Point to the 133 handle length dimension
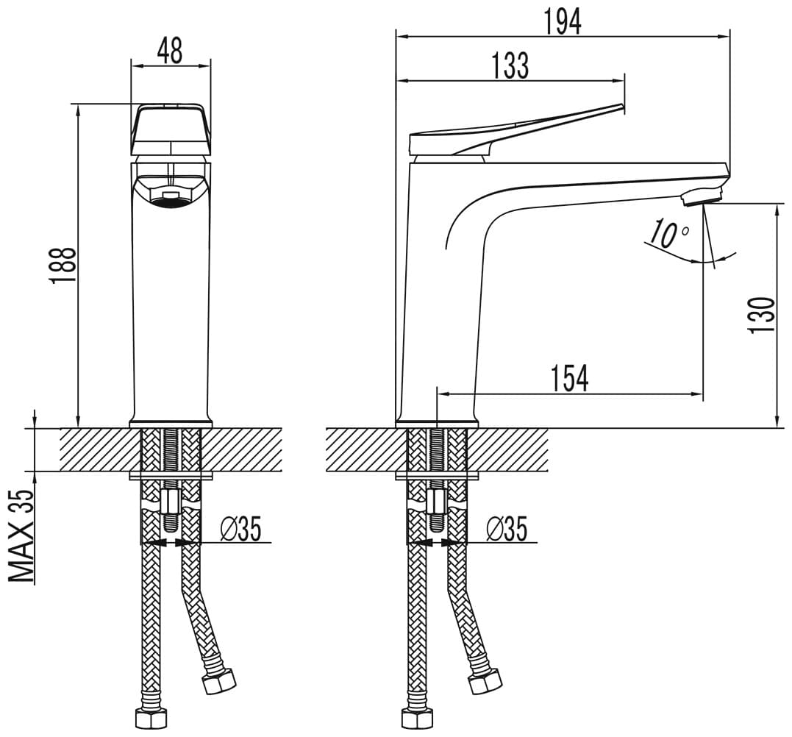(x=510, y=65)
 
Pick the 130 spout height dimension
(x=762, y=316)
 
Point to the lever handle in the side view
(x=515, y=132)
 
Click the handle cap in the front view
(x=171, y=130)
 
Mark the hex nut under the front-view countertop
(x=170, y=501)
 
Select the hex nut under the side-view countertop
(x=436, y=501)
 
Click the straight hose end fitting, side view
(x=418, y=717)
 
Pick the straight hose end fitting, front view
(x=151, y=717)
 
